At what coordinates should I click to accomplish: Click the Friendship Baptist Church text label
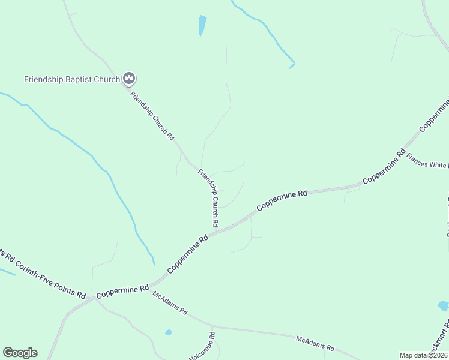(x=71, y=79)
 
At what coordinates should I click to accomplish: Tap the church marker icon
(x=128, y=79)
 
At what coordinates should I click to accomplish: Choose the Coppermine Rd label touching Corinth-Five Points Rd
(x=122, y=290)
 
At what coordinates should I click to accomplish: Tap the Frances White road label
(x=427, y=163)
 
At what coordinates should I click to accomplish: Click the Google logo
(x=20, y=353)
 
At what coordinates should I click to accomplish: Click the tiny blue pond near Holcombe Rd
(x=169, y=332)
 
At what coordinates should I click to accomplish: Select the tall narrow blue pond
(x=202, y=25)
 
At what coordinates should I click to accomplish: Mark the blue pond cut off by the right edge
(x=444, y=306)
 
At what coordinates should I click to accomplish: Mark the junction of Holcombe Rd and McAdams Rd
(x=213, y=328)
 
